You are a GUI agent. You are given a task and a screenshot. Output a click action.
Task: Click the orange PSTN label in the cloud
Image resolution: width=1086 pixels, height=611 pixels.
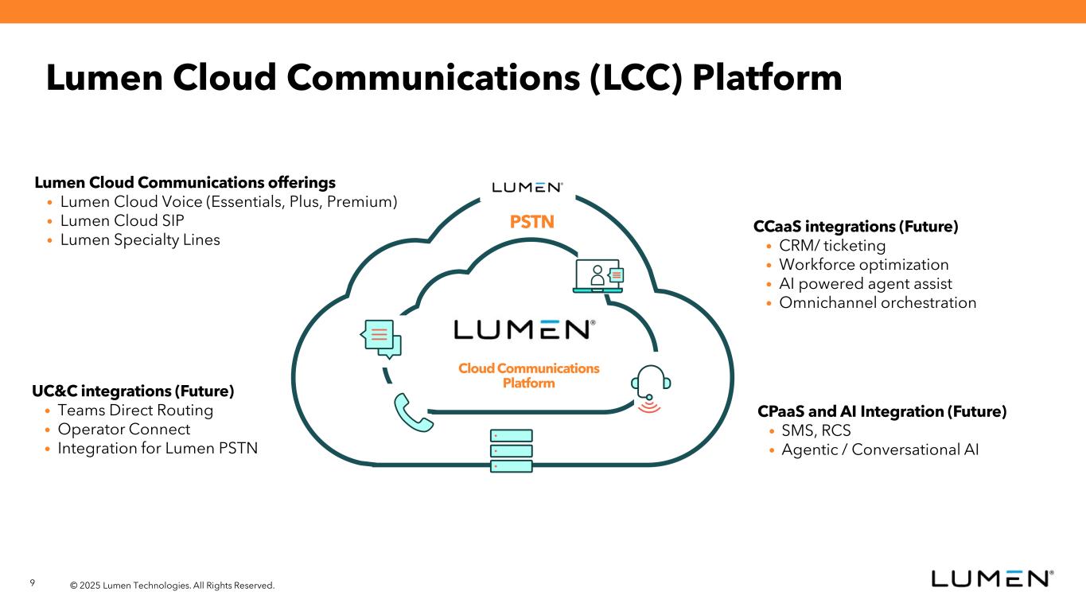[x=531, y=222]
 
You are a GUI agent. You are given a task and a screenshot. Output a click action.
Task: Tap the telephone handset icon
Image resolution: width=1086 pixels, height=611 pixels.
[x=413, y=413]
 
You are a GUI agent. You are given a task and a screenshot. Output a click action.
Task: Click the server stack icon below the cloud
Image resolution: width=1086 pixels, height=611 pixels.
[x=511, y=450]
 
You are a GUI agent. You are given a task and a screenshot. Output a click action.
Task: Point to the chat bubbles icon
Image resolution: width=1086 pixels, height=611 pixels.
[x=380, y=338]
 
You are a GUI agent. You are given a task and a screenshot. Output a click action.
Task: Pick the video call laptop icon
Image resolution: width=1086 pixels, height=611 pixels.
[x=598, y=276]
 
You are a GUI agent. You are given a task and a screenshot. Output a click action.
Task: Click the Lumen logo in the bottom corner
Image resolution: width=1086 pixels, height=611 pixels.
[x=992, y=578]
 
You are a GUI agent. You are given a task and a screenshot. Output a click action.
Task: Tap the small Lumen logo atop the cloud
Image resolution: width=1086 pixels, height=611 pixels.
[x=527, y=187]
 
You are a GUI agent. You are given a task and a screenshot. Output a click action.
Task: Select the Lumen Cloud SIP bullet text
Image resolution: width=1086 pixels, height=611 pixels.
[x=123, y=220]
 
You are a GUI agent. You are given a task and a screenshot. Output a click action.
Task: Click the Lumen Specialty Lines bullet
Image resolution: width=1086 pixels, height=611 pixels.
[x=140, y=239]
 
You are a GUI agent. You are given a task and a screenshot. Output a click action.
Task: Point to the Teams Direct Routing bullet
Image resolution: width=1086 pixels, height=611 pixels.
[x=135, y=411]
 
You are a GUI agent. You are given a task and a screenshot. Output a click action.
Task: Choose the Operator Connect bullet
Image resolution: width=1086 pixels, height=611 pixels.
[x=124, y=430]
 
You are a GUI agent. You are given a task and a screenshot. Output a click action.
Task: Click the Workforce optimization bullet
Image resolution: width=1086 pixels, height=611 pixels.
[x=863, y=265]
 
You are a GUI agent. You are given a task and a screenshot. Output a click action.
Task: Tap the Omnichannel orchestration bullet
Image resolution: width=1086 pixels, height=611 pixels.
[x=877, y=303]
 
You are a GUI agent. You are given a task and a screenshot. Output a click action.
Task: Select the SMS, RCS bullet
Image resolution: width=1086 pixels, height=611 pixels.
[x=816, y=431]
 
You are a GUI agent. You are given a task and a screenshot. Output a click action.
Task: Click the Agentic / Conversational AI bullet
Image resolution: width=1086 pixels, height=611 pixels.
[x=880, y=450]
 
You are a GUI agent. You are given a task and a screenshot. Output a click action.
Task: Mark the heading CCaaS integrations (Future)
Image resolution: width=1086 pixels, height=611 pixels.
[x=855, y=227]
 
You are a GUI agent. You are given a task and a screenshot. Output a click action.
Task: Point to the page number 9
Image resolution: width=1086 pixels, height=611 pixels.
[x=33, y=583]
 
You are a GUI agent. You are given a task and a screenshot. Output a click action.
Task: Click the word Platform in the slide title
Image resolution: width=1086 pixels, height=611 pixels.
[x=767, y=78]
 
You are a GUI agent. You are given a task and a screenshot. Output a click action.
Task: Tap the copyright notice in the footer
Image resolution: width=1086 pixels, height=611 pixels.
[x=172, y=586]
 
